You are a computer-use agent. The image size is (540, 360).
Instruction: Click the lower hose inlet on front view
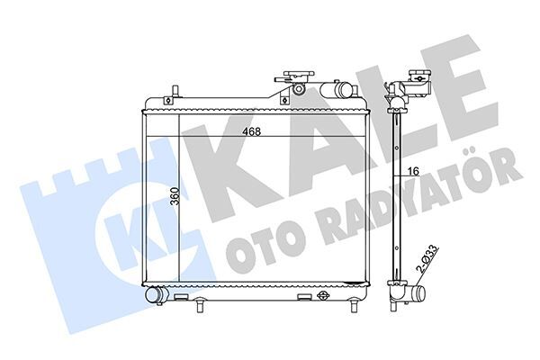155,293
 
